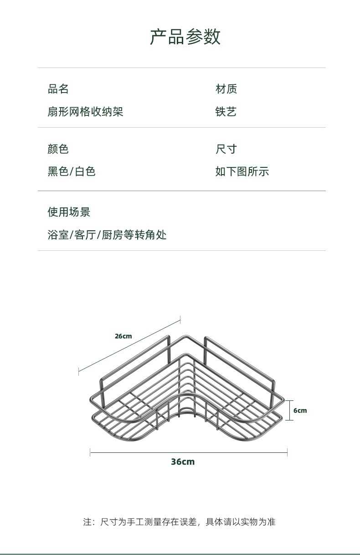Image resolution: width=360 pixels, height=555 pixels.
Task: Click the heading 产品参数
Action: tap(185, 37)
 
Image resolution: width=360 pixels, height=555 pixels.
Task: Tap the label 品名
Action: tap(58, 89)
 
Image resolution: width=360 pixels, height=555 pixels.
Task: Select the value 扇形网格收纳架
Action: tap(85, 112)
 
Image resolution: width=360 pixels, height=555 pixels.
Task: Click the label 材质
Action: tap(226, 89)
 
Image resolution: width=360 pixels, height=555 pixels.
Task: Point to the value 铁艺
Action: tap(226, 112)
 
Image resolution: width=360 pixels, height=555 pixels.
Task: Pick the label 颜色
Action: tap(58, 149)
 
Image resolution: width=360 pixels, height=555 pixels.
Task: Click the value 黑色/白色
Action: tap(72, 171)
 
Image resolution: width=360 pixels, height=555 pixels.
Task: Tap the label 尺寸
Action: tap(226, 149)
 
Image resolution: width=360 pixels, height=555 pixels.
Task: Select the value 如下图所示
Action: tap(242, 171)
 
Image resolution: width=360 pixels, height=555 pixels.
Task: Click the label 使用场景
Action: tap(69, 212)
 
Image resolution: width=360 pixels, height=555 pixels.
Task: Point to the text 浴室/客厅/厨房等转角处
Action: tap(107, 235)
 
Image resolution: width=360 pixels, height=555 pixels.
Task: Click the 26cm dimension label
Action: tap(123, 336)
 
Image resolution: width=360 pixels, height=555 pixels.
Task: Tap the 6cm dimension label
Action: tap(300, 410)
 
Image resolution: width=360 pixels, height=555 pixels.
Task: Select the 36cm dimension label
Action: tap(183, 462)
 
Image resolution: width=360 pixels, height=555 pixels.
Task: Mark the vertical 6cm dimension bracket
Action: tap(289, 410)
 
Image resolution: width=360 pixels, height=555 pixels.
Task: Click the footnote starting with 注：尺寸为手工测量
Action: tap(180, 522)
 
